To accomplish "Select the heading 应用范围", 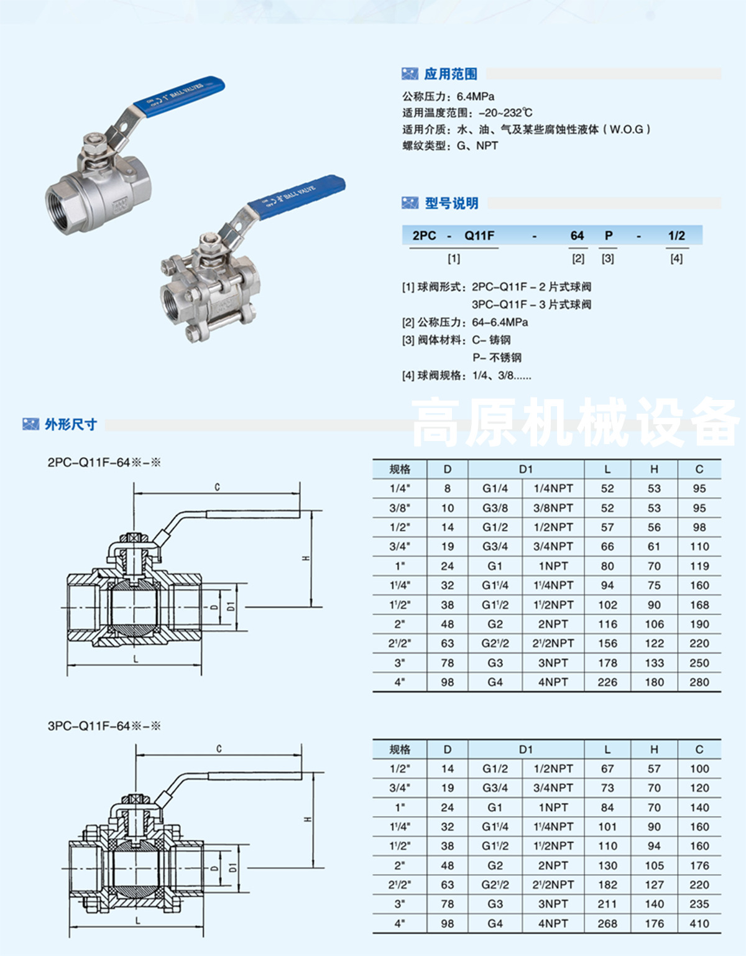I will pyautogui.click(x=450, y=74).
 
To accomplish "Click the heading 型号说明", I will pyautogui.click(x=451, y=203).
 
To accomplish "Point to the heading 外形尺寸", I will pyautogui.click(x=70, y=425).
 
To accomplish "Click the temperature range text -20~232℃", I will pyautogui.click(x=505, y=113).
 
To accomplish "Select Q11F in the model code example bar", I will pyautogui.click(x=479, y=236).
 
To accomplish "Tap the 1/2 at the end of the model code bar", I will pyautogui.click(x=676, y=236).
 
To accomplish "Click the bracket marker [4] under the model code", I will pyautogui.click(x=676, y=259).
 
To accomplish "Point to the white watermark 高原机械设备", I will pyautogui.click(x=575, y=423).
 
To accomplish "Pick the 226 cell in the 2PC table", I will pyautogui.click(x=607, y=682).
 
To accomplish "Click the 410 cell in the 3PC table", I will pyautogui.click(x=699, y=924).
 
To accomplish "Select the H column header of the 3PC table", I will pyautogui.click(x=654, y=749).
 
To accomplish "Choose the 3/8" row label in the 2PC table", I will pyautogui.click(x=400, y=508).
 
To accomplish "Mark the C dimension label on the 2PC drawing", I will pyautogui.click(x=217, y=487).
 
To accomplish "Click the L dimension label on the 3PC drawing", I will pyautogui.click(x=137, y=921).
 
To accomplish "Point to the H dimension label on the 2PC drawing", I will pyautogui.click(x=306, y=558).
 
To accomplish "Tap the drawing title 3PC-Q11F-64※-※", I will pyautogui.click(x=104, y=726).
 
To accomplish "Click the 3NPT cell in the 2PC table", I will pyautogui.click(x=553, y=663).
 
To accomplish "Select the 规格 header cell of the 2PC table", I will pyautogui.click(x=400, y=470).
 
